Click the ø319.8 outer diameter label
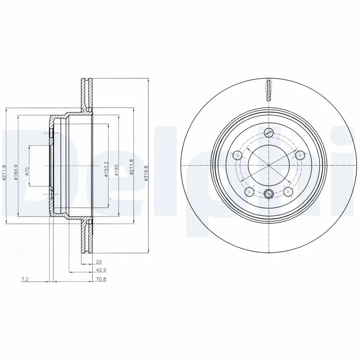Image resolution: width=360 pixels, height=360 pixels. coord(145,172)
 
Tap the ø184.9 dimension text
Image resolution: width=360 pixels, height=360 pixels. coord(15,172)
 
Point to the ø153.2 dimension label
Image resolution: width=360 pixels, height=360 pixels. coord(106,169)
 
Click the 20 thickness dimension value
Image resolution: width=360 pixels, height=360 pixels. coord(99,261)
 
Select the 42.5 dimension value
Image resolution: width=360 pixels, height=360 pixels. coord(100,270)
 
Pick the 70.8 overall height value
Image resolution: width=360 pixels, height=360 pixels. coord(100,279)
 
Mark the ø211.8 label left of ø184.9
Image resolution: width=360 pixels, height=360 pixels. coord(4,172)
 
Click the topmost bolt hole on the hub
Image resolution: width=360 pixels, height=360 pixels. coord(269,132)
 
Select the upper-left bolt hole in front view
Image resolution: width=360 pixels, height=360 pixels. coord(237,155)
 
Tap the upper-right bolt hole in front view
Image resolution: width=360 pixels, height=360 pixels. coord(300,155)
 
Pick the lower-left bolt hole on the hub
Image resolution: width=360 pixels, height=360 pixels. coord(249,192)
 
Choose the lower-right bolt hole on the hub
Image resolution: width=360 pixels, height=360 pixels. coord(288,192)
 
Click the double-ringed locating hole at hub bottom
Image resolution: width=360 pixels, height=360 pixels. coord(269,194)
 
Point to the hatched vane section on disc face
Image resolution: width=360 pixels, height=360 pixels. coord(269,90)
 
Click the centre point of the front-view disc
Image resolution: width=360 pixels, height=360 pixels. coord(269,166)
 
